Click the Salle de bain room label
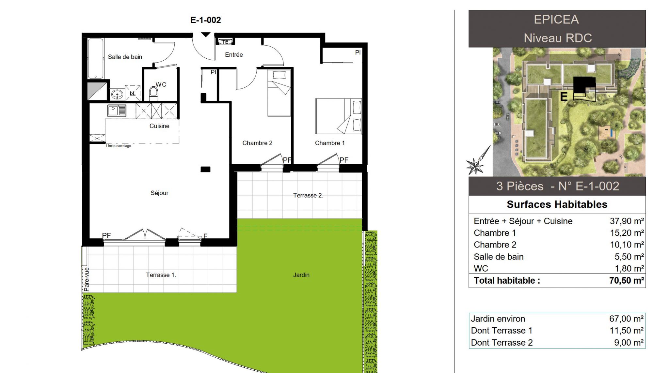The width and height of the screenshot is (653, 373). click(125, 57)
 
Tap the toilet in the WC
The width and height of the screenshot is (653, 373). click(153, 94)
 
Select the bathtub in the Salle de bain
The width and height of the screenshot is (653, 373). click(96, 58)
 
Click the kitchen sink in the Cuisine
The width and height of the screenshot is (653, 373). click(117, 111)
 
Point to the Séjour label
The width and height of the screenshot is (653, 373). click(159, 193)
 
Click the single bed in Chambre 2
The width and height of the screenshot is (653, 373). click(279, 93)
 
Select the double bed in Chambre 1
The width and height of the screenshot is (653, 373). click(339, 116)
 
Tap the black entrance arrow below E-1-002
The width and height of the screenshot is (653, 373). click(206, 35)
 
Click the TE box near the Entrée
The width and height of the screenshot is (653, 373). click(225, 42)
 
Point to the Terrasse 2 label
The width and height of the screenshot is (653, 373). click(308, 196)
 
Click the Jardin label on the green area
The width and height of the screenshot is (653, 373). click(301, 275)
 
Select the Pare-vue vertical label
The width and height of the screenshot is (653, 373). click(86, 279)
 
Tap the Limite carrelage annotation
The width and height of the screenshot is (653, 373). click(118, 146)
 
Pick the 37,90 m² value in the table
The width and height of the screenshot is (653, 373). click(627, 221)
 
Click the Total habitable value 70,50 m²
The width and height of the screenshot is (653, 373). click(626, 280)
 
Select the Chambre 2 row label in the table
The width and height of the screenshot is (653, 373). click(495, 245)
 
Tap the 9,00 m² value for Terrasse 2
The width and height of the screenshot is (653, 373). click(629, 343)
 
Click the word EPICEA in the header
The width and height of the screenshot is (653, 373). click(556, 20)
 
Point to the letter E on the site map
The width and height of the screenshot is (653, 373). click(564, 97)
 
